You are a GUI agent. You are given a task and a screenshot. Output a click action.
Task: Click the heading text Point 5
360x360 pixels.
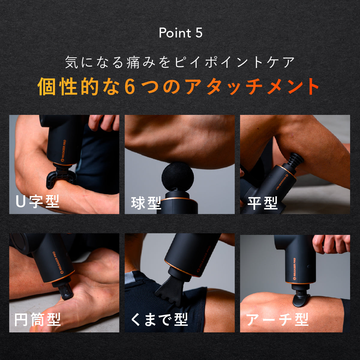181,33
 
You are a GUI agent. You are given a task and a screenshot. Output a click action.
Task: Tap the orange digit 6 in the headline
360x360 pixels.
130,87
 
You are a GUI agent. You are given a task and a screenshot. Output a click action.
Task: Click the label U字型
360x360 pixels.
37,201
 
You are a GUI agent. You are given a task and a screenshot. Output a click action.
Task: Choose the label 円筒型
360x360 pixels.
37,319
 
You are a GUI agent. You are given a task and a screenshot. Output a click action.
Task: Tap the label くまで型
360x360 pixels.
159,319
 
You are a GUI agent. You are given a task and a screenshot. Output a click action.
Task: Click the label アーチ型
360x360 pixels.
277,319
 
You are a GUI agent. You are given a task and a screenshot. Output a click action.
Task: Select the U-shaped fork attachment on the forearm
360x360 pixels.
60,176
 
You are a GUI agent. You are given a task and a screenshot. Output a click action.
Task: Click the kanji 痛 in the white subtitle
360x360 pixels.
133,62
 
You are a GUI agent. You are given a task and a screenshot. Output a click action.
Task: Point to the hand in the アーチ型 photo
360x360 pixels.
331,244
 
